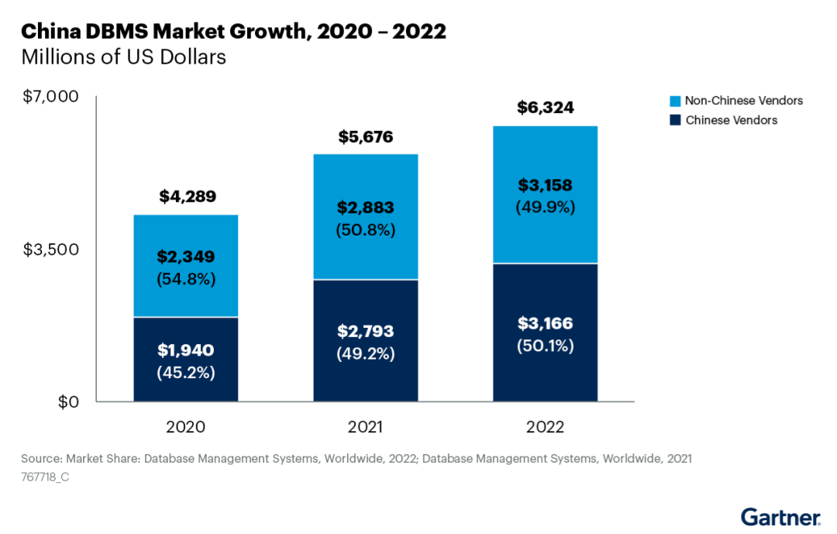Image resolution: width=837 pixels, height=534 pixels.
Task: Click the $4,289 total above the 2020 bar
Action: pyautogui.click(x=186, y=197)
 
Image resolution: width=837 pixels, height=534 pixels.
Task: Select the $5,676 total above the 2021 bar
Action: pyautogui.click(x=366, y=137)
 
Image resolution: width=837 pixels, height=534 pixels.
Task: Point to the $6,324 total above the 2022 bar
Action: pyautogui.click(x=546, y=108)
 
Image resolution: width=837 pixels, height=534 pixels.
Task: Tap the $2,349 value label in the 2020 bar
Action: pyautogui.click(x=186, y=257)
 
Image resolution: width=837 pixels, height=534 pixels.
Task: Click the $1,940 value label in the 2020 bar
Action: pyautogui.click(x=186, y=350)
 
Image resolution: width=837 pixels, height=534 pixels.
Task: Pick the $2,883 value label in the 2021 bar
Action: pyautogui.click(x=366, y=208)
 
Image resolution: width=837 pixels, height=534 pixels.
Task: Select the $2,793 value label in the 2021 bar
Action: pyautogui.click(x=366, y=332)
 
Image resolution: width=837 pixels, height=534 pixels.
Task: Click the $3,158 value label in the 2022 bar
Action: pyautogui.click(x=546, y=186)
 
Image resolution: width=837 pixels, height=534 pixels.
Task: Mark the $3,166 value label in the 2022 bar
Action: pyautogui.click(x=546, y=323)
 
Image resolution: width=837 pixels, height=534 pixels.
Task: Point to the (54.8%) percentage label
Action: pyautogui.click(x=186, y=278)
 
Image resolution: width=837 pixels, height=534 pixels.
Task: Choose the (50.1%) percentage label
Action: pyautogui.click(x=546, y=346)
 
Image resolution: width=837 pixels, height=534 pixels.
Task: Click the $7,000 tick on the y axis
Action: pyautogui.click(x=51, y=97)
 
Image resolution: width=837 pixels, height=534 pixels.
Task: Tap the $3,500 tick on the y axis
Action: pyautogui.click(x=51, y=250)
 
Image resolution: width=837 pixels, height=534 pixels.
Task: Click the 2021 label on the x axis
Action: pyautogui.click(x=366, y=427)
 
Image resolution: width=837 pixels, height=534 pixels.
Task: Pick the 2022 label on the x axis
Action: pyautogui.click(x=546, y=427)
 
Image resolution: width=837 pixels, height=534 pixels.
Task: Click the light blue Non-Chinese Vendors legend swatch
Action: pyautogui.click(x=675, y=101)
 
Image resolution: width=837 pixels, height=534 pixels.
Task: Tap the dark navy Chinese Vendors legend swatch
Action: pyautogui.click(x=675, y=120)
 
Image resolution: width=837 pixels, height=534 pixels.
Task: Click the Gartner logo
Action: pyautogui.click(x=780, y=517)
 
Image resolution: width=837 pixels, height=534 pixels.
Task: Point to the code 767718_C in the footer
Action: pyautogui.click(x=46, y=478)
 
